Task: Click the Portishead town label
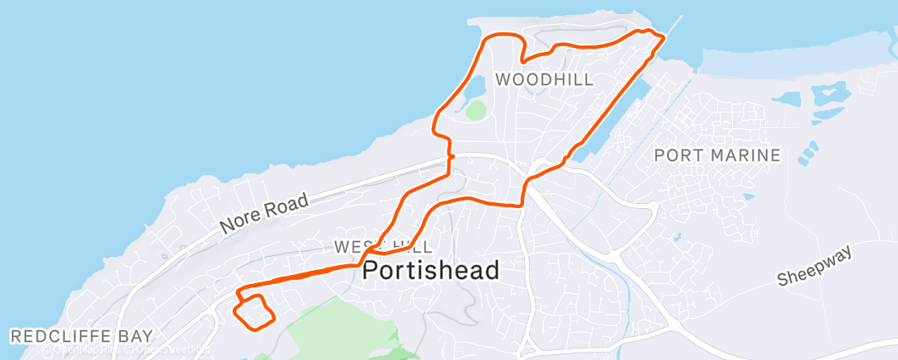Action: click(431, 270)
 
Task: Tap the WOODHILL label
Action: click(544, 79)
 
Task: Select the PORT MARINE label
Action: click(716, 154)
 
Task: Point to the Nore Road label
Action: click(264, 213)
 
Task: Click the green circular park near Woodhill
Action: click(475, 110)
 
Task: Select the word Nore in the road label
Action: click(239, 223)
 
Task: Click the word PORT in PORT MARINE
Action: click(674, 154)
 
